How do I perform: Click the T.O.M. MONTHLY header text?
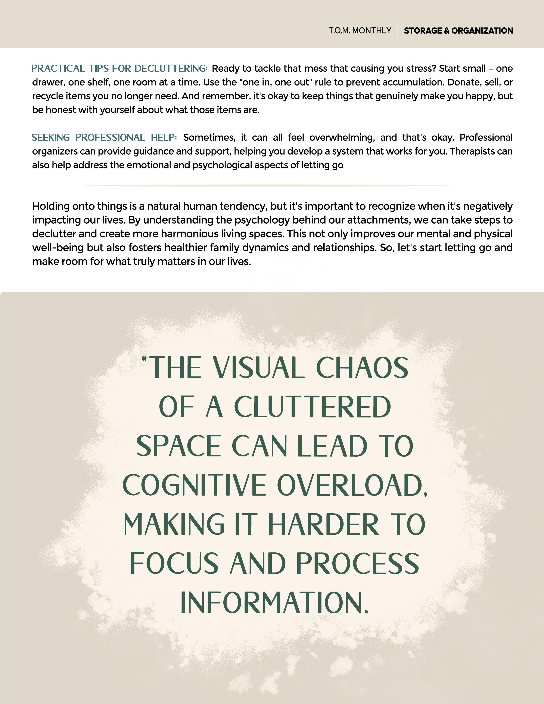pos(360,31)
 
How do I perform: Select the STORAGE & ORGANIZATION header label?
pos(458,31)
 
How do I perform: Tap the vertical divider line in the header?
pos(397,31)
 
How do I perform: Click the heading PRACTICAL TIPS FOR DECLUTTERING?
pos(119,69)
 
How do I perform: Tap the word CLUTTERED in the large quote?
pos(312,407)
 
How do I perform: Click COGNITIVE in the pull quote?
pos(194,486)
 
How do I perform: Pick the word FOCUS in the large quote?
pos(174,564)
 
